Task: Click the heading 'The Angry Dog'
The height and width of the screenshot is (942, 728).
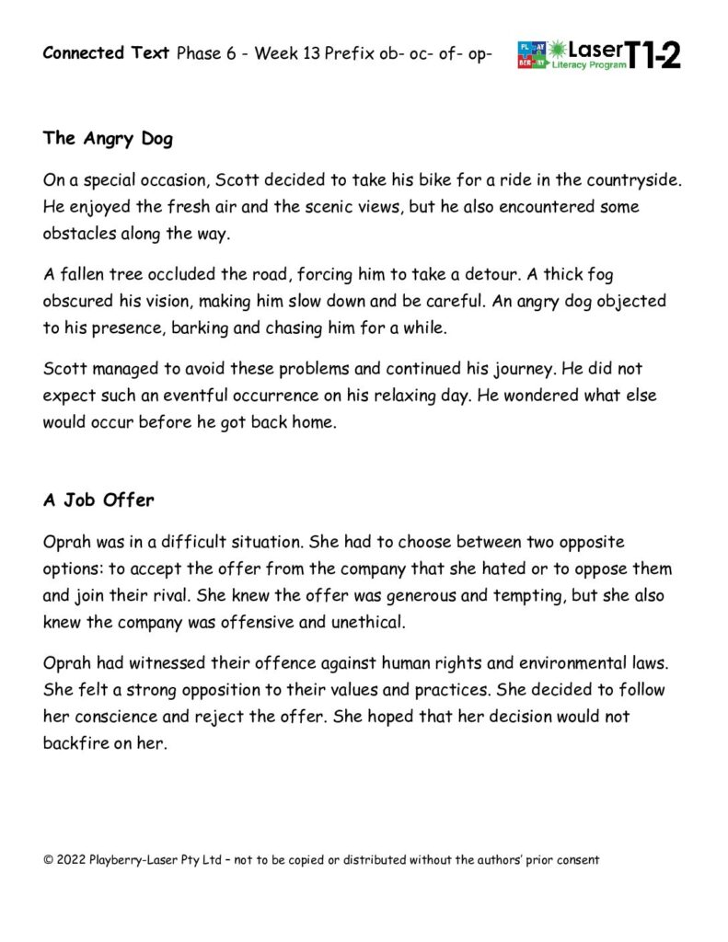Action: pos(108,139)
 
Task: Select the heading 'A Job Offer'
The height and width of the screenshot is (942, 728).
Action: pos(98,500)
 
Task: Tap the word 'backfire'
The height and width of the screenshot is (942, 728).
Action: pos(76,742)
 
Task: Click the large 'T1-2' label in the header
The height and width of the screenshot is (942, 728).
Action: pos(654,55)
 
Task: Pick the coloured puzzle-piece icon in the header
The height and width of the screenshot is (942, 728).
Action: pos(532,55)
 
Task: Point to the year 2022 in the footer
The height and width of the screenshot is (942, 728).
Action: pos(72,860)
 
